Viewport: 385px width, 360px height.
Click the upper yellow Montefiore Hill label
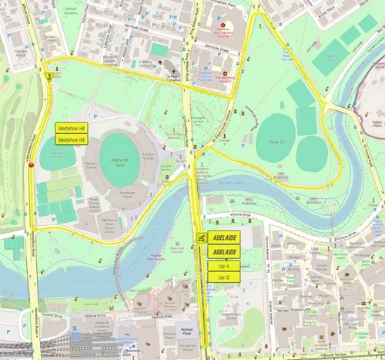(x=72, y=128)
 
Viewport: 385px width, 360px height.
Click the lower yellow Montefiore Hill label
(x=72, y=140)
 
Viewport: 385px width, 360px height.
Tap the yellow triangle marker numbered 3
(x=50, y=76)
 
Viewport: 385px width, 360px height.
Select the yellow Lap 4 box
(x=223, y=266)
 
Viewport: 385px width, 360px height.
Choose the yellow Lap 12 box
(x=223, y=277)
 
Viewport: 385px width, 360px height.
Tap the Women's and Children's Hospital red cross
(x=202, y=25)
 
